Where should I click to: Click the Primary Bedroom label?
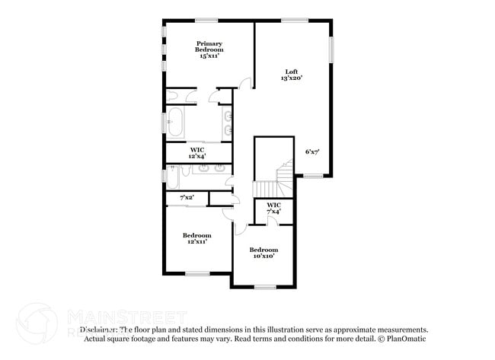point(209,49)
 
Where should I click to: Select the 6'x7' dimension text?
point(312,151)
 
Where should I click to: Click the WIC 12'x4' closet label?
point(197,152)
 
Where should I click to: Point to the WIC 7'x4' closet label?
point(274,208)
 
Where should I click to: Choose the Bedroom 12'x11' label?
point(196,238)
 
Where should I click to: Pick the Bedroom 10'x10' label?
point(264,253)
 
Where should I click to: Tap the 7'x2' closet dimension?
point(187,198)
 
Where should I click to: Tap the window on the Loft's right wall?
point(331,52)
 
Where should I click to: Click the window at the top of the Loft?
point(294,20)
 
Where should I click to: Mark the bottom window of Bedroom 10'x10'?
point(264,287)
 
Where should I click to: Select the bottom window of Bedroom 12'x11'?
point(197,273)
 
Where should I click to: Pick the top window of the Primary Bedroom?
point(206,20)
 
